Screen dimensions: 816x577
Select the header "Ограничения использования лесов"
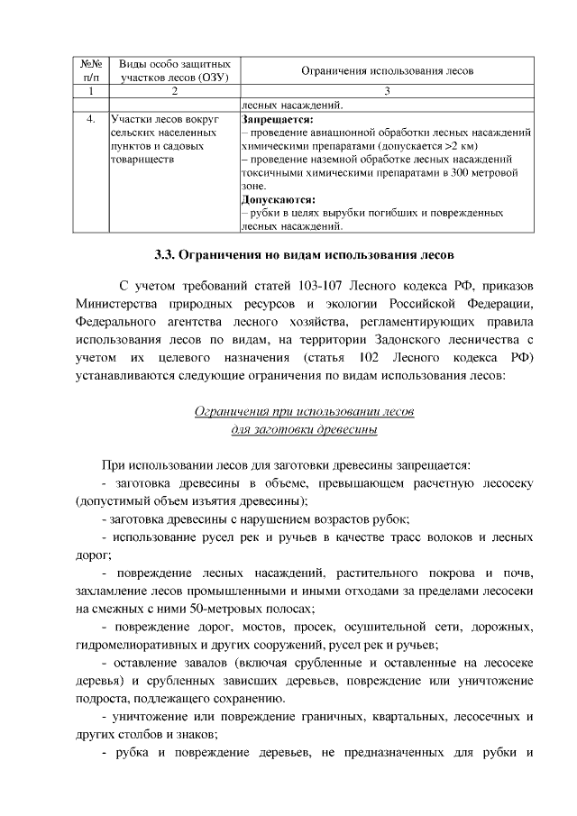(387, 71)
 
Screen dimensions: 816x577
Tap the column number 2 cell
(174, 91)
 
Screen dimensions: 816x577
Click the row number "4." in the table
(90, 118)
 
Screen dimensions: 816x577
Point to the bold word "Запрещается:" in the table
(278, 118)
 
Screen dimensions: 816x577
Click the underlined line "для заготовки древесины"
(304, 429)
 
